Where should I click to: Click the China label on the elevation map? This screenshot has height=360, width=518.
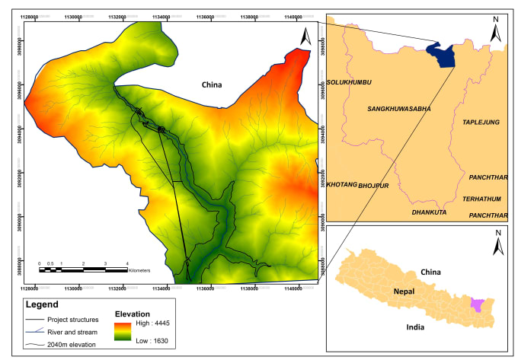coord(211,84)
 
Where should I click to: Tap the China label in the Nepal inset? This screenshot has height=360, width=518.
coord(430,271)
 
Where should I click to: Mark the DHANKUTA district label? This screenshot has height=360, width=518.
coord(429,212)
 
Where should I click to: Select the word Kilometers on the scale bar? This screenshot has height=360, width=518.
coord(139,271)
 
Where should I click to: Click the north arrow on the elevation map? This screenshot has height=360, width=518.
coord(306,36)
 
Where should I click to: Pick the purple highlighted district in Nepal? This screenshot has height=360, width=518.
coord(477,304)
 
